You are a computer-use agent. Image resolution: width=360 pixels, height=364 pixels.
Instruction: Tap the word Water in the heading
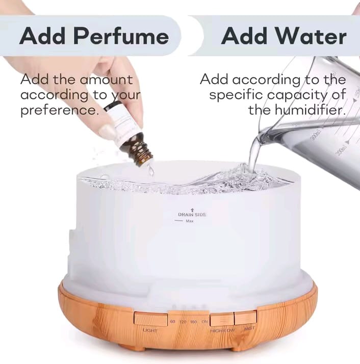pyautogui.click(x=312, y=37)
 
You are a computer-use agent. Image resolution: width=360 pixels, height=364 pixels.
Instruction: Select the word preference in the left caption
pyautogui.click(x=59, y=110)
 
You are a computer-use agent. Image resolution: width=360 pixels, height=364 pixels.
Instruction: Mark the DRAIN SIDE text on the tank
pyautogui.click(x=192, y=215)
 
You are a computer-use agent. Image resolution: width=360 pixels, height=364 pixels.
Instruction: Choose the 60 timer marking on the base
pyautogui.click(x=173, y=322)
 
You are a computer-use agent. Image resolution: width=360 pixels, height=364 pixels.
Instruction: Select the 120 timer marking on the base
pyautogui.click(x=183, y=322)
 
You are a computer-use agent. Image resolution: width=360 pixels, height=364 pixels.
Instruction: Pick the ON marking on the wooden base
pyautogui.click(x=204, y=322)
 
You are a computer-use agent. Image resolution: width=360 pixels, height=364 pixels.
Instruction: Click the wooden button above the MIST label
pyautogui.click(x=245, y=318)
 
